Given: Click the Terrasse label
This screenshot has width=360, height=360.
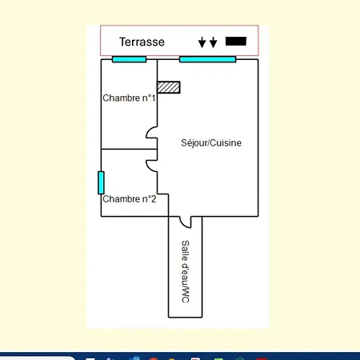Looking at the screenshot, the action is pyautogui.click(x=142, y=42).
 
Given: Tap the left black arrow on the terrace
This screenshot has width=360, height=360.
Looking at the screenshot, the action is pyautogui.click(x=202, y=42).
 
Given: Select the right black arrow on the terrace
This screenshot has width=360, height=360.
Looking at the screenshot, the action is pyautogui.click(x=213, y=42).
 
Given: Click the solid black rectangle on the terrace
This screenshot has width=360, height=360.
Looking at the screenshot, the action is pyautogui.click(x=236, y=42).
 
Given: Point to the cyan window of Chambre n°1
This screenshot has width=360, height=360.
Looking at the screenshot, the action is pyautogui.click(x=129, y=59).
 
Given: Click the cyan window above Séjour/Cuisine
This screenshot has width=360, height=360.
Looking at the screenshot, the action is pyautogui.click(x=208, y=59).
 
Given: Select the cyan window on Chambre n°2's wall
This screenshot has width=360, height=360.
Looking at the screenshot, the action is pyautogui.click(x=101, y=182).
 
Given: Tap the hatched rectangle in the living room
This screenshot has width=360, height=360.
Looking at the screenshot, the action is pyautogui.click(x=169, y=87).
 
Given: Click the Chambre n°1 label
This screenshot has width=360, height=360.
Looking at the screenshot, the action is pyautogui.click(x=129, y=98).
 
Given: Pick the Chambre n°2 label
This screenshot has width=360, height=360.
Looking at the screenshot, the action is pyautogui.click(x=130, y=199).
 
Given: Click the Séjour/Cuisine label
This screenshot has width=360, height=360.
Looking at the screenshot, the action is pyautogui.click(x=211, y=143).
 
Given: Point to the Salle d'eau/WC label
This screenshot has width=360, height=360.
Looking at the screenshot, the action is pyautogui.click(x=186, y=271).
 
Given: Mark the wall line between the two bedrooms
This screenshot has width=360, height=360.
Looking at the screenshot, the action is pyautogui.click(x=129, y=149).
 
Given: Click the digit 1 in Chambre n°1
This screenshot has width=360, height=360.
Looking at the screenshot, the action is pyautogui.click(x=153, y=98).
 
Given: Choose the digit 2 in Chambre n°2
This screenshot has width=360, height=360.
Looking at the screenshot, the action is pyautogui.click(x=154, y=199).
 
